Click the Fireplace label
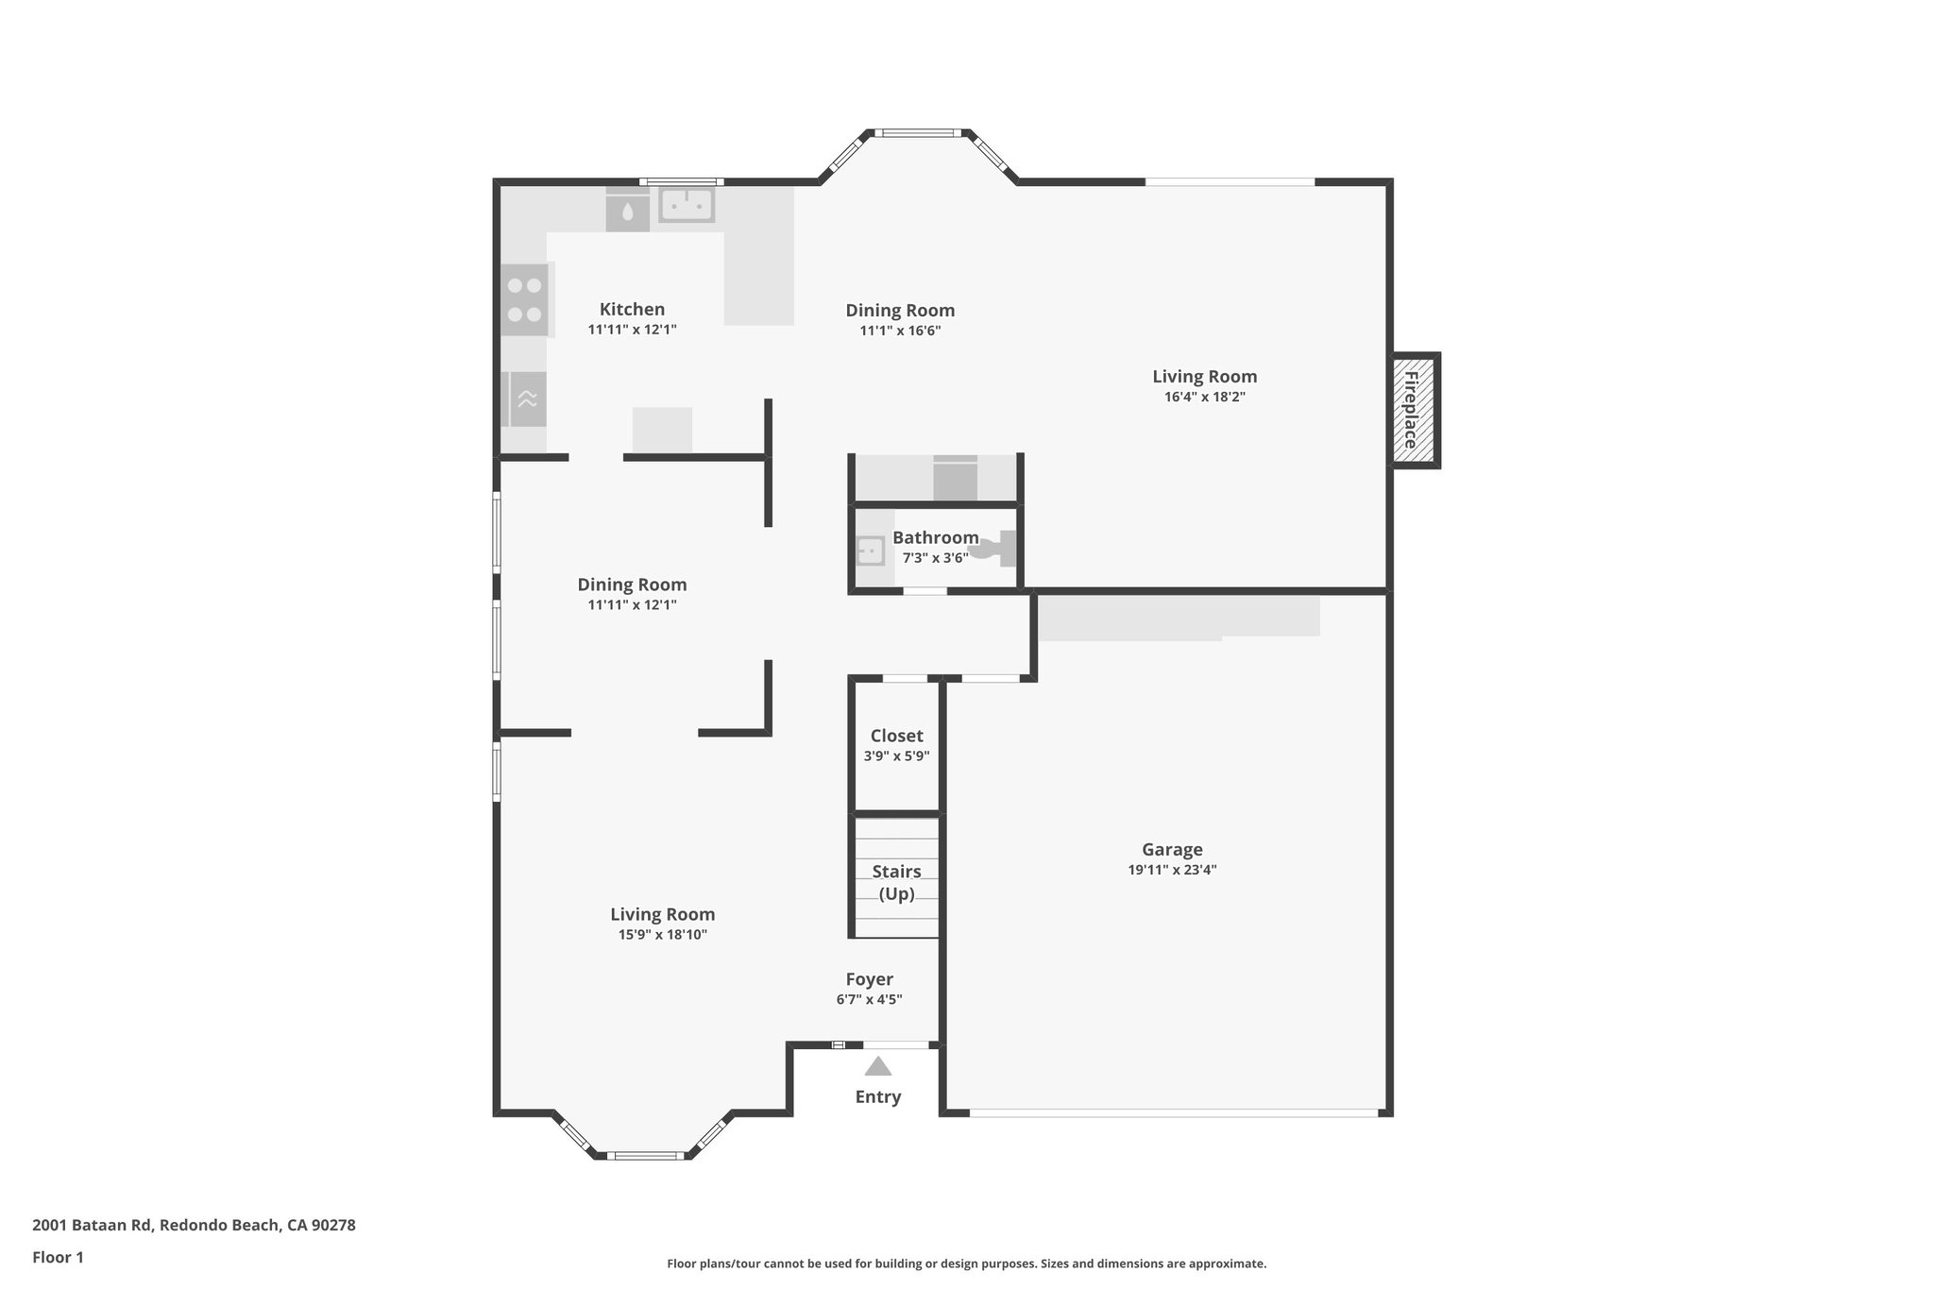point(1411,410)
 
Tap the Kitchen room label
point(632,309)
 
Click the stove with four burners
point(524,299)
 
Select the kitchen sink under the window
point(687,205)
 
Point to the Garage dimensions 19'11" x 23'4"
point(1172,870)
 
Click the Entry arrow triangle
point(878,1067)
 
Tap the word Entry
point(878,1096)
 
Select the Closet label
point(896,736)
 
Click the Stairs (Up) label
point(896,882)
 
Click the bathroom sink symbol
point(870,551)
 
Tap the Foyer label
point(869,979)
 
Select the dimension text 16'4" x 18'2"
point(1204,397)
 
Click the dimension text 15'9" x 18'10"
point(662,935)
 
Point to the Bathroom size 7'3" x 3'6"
point(935,558)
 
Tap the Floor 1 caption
point(58,1257)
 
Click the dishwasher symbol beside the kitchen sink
point(627,212)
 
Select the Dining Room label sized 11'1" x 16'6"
point(900,310)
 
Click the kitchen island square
point(662,430)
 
